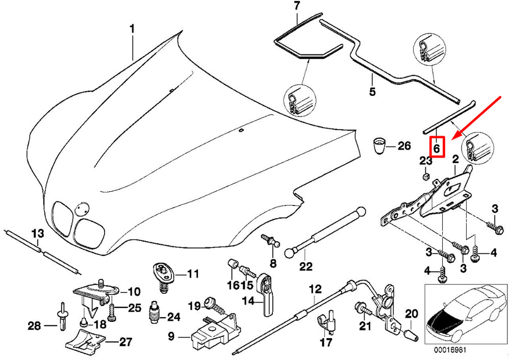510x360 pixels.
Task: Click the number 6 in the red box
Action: click(x=437, y=148)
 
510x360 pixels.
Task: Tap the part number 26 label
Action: click(x=403, y=147)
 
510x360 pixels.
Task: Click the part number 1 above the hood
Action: click(x=132, y=29)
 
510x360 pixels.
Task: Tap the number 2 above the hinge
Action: click(x=455, y=160)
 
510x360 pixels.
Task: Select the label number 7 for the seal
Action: click(x=297, y=7)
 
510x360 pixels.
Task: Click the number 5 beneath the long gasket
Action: click(x=372, y=92)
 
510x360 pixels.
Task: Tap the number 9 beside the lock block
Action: click(x=171, y=336)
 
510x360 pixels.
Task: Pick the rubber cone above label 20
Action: click(x=411, y=334)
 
